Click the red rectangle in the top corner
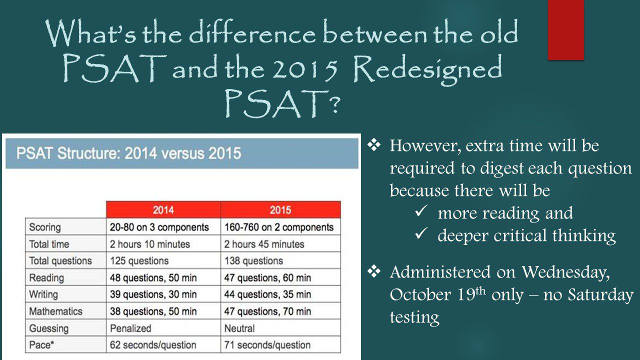pos(565,29)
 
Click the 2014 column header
pos(163,209)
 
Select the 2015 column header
pos(280,209)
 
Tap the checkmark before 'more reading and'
pos(421,211)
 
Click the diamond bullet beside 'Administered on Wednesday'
pos(374,271)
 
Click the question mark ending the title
pos(334,104)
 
